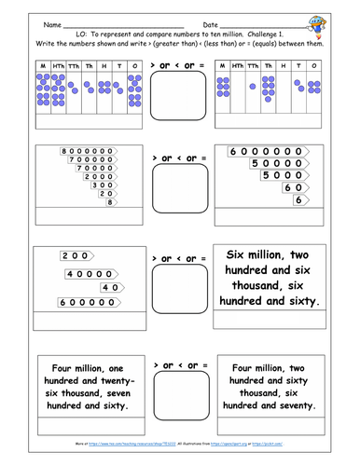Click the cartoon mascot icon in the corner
pyautogui.click(x=329, y=19)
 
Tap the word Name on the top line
pyautogui.click(x=53, y=24)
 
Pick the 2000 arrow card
pyautogui.click(x=100, y=175)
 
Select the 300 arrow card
pyautogui.click(x=104, y=184)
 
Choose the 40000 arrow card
pyautogui.click(x=91, y=273)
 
